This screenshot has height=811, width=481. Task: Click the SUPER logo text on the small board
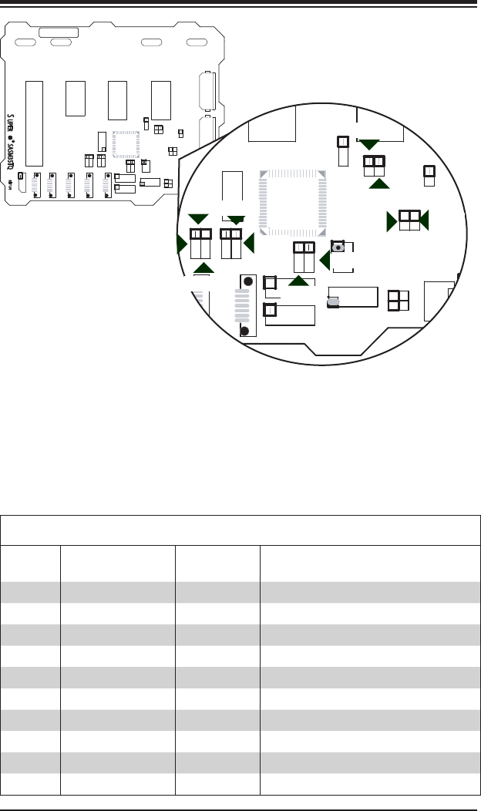(x=11, y=123)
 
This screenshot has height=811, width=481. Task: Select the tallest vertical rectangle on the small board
(x=34, y=123)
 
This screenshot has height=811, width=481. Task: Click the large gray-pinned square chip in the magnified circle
(x=291, y=203)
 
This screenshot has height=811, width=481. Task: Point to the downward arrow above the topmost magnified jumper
(x=370, y=144)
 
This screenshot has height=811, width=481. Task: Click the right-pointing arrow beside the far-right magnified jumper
(x=392, y=220)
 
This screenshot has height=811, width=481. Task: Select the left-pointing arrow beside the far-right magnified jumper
(x=424, y=220)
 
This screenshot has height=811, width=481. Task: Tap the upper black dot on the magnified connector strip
(x=248, y=281)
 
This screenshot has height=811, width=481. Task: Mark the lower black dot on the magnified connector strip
(x=244, y=331)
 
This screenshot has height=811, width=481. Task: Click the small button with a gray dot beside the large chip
(x=337, y=247)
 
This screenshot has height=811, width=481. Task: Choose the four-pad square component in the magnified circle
(x=399, y=299)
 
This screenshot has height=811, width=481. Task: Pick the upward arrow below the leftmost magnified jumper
(x=203, y=268)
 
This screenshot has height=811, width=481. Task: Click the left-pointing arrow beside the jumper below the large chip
(x=325, y=262)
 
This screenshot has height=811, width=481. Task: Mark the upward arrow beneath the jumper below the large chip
(x=298, y=281)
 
